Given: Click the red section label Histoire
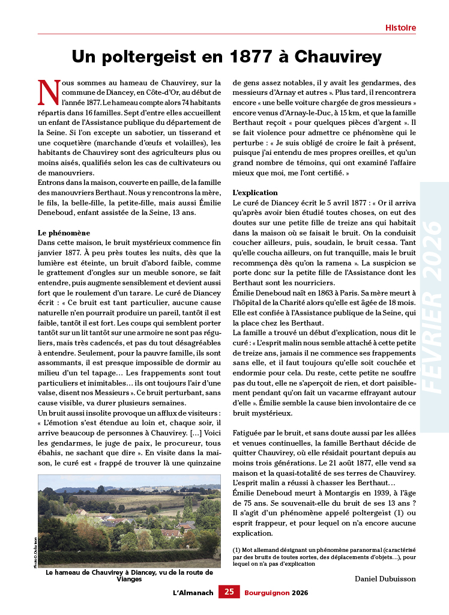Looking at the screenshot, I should [x=400, y=28].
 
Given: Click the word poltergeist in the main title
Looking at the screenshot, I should [x=154, y=57].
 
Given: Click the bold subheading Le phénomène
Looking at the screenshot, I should [x=64, y=232].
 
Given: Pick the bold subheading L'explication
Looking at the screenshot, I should [x=255, y=193].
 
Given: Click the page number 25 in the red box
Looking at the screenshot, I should [x=229, y=592].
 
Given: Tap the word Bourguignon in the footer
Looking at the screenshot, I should [x=267, y=592].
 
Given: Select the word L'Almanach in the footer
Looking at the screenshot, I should [x=193, y=592].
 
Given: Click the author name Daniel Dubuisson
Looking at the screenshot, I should [x=385, y=578].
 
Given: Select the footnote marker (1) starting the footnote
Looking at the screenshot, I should [x=237, y=550].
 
